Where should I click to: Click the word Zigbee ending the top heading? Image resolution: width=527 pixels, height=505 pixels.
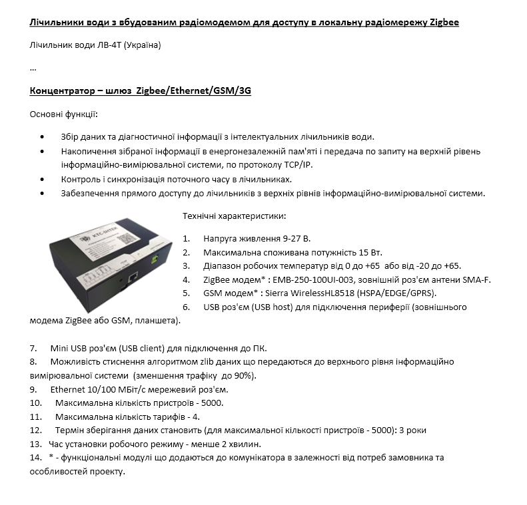[x=442, y=23]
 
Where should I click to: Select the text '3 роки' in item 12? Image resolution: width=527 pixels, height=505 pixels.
[x=412, y=430]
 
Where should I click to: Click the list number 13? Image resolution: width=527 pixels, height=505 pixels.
[x=35, y=444]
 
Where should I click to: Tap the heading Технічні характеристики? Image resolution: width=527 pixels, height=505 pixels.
[x=235, y=216]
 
